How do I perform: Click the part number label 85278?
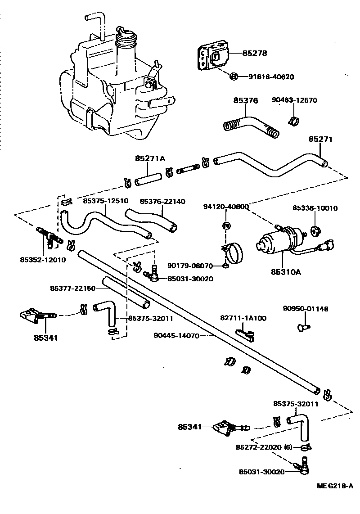point(255,53)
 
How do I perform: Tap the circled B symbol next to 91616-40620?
point(234,77)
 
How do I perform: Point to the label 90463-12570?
point(294,100)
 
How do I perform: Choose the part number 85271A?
point(150,158)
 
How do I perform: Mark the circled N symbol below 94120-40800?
point(226,225)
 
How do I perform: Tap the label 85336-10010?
point(315,208)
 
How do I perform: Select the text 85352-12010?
point(43,259)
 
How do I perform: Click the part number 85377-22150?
point(72,288)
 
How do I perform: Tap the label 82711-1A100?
point(243,318)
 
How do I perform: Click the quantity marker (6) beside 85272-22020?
point(288,447)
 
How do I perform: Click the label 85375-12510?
point(106,201)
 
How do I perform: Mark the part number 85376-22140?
point(162,201)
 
